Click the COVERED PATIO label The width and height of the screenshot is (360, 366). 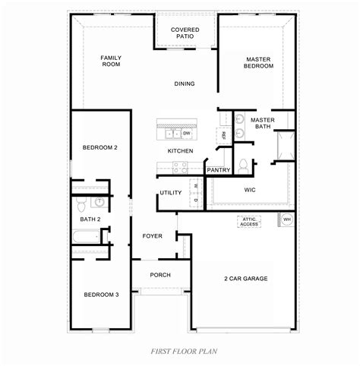pos(185,32)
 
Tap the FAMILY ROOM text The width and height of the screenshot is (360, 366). pos(112,61)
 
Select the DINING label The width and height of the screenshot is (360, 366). pos(185,84)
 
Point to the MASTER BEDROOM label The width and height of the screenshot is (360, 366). pos(259,62)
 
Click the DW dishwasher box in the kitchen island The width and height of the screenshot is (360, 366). pos(186,134)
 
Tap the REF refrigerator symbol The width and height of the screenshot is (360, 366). pos(224,134)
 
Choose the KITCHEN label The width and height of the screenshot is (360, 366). pos(180,151)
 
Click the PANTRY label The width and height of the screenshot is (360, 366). pos(219,170)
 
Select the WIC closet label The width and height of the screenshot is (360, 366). pos(250,189)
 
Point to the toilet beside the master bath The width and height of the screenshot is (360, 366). pos(244,165)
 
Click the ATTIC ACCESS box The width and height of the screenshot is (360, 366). pos(249,221)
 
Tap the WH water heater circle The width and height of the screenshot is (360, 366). pos(287,219)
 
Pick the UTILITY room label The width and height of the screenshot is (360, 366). pos(171,192)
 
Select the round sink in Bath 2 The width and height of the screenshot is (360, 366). pos(98,202)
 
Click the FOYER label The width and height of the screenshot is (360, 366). pos(153,236)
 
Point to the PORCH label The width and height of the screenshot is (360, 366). pos(160,275)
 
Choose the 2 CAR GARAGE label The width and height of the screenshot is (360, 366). pos(245,279)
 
